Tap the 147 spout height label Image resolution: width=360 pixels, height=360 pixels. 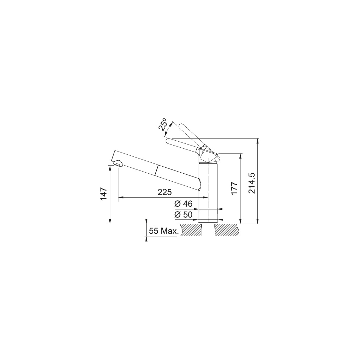click(104, 194)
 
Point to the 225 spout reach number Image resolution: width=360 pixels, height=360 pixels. click(165, 192)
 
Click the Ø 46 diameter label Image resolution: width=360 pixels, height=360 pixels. click(183, 204)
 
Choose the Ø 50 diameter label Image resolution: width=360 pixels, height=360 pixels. click(183, 215)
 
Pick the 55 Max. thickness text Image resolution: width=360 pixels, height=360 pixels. click(164, 231)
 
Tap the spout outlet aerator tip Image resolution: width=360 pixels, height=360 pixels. click(118, 164)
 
